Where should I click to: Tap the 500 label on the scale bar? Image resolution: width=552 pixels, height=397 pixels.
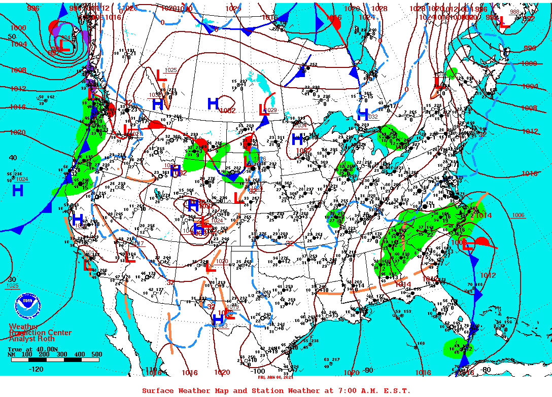[96, 354]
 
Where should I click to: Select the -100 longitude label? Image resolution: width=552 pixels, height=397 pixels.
[257, 371]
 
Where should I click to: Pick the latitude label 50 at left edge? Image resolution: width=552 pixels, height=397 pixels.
[12, 37]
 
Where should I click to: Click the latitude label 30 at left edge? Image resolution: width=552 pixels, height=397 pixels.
[12, 279]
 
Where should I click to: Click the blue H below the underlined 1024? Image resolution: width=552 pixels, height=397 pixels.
[18, 191]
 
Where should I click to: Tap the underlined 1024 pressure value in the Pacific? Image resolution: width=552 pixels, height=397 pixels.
[22, 179]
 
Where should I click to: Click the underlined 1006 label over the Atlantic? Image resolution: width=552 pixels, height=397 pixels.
[518, 215]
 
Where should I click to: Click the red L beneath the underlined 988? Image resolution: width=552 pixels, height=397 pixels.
[504, 22]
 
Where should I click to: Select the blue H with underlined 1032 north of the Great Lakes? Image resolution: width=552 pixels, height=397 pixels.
[363, 114]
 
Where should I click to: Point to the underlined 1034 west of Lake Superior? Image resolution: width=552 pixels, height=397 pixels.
[301, 125]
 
